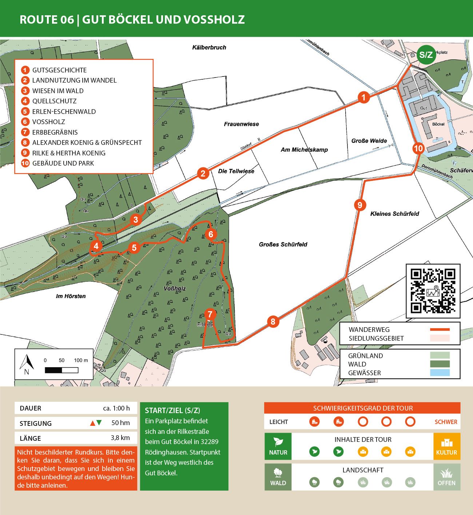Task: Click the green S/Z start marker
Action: pos(426,55)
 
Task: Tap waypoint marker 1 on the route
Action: pos(363,98)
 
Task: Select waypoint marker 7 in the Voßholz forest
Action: pos(210,314)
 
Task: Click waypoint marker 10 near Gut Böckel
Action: pos(418,148)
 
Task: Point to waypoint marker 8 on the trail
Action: pos(273,322)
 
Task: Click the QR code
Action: pos(433,291)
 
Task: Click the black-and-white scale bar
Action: pos(61,370)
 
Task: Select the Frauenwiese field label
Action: pos(241,124)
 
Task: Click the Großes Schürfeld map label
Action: pos(283,245)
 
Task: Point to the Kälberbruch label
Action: pos(209,47)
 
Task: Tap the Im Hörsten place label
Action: pos(71,296)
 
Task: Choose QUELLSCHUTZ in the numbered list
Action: pos(54,101)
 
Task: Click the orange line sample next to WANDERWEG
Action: pos(440,329)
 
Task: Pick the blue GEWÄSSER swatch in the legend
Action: pos(440,373)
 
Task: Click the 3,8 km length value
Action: pos(120,438)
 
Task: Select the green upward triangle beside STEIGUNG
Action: pos(99,423)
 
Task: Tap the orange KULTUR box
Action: pos(446,446)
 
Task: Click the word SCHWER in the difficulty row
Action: pos(446,422)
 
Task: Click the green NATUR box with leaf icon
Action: pos(278,446)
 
